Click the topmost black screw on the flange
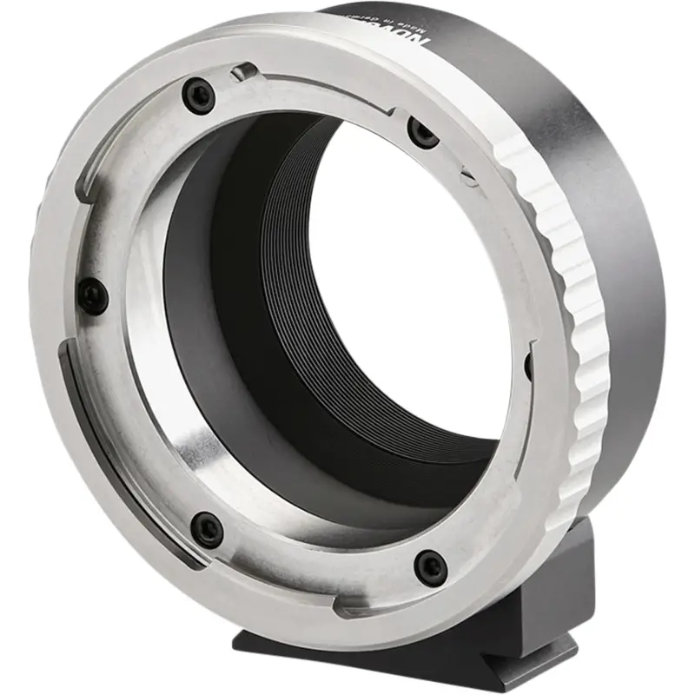201,95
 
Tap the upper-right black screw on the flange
423,133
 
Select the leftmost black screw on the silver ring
93,296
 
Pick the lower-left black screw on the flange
207,527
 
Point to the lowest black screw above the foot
430,566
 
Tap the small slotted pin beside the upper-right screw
468,177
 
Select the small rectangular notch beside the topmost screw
248,70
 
